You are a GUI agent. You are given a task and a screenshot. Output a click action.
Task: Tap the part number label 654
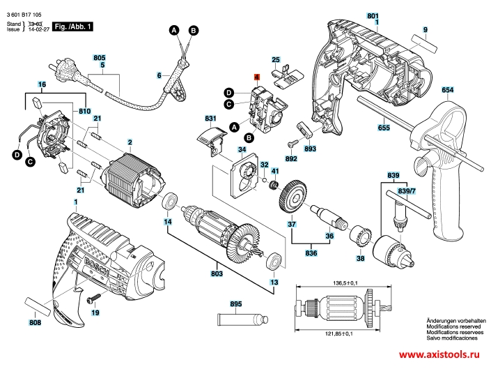pos(447,91)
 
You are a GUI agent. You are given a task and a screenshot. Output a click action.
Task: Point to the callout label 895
pos(235,304)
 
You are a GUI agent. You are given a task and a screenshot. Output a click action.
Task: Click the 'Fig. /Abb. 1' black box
pos(73,26)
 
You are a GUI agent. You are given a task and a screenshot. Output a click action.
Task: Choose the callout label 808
pos(35,322)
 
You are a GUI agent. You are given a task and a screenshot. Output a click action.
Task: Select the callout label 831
pos(191,119)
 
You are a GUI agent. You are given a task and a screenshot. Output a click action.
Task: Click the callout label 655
pos(384,128)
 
